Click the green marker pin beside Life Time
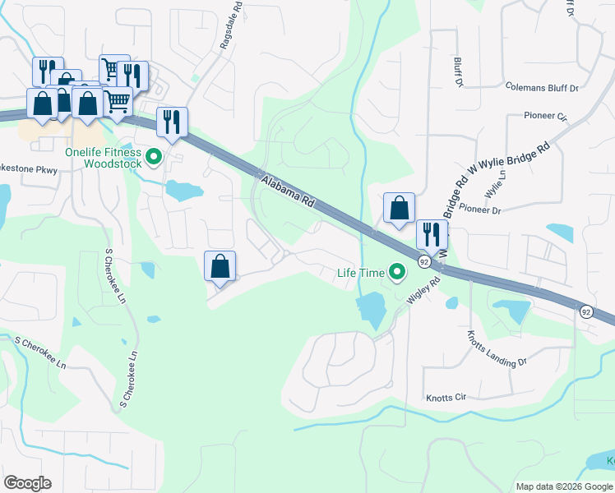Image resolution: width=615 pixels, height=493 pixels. click(x=398, y=271)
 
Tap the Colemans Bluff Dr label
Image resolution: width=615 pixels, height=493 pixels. click(x=542, y=86)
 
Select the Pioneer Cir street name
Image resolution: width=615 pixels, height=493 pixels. click(x=545, y=116)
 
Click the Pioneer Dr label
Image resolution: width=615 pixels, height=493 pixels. click(x=480, y=210)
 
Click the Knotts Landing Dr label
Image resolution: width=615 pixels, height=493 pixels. click(x=495, y=349)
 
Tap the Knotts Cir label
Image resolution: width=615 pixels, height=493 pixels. click(x=446, y=398)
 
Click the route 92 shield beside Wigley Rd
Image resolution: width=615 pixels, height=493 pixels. click(x=424, y=261)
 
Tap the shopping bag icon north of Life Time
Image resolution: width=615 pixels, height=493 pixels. click(x=399, y=209)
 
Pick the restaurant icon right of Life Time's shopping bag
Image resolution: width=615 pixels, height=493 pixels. click(x=431, y=234)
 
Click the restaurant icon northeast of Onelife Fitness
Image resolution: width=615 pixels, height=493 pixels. click(x=172, y=122)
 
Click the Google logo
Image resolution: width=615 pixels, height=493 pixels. click(x=27, y=483)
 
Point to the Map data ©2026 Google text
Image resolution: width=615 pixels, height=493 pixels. click(x=564, y=486)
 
